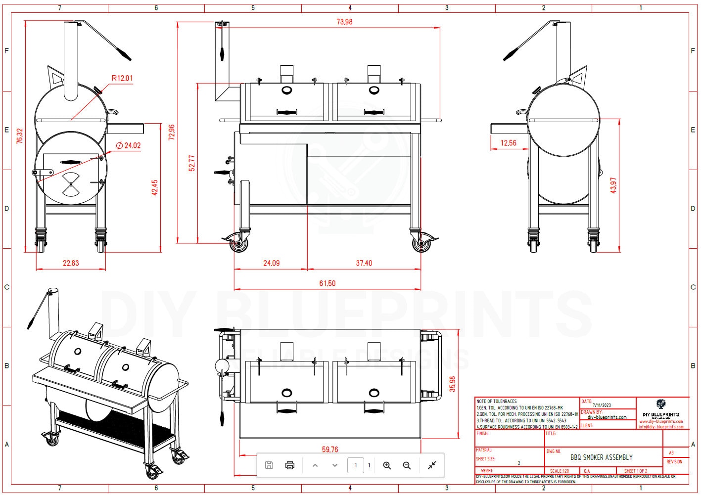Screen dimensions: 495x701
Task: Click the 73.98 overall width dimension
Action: [x=344, y=22]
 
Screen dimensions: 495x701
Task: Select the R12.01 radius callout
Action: [x=122, y=78]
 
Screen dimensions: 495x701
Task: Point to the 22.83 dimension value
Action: [x=71, y=263]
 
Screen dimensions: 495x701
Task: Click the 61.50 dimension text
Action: [x=327, y=283]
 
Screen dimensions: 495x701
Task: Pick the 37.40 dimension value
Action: [x=364, y=263]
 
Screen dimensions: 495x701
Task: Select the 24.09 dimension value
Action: [x=271, y=263]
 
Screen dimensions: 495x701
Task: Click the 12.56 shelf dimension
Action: [x=508, y=143]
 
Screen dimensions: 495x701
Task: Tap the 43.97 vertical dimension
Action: [x=613, y=185]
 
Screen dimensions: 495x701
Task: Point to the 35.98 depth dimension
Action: [x=452, y=384]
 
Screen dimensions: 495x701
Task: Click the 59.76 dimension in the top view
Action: [x=330, y=450]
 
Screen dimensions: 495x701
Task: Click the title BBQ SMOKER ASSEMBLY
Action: [x=601, y=457]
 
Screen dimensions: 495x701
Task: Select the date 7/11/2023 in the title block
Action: [x=602, y=405]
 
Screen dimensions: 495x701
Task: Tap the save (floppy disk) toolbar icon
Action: [x=269, y=465]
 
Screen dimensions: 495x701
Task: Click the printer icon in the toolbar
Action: [x=290, y=465]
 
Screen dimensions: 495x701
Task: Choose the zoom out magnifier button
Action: [x=407, y=465]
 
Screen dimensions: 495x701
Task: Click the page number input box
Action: [x=355, y=465]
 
